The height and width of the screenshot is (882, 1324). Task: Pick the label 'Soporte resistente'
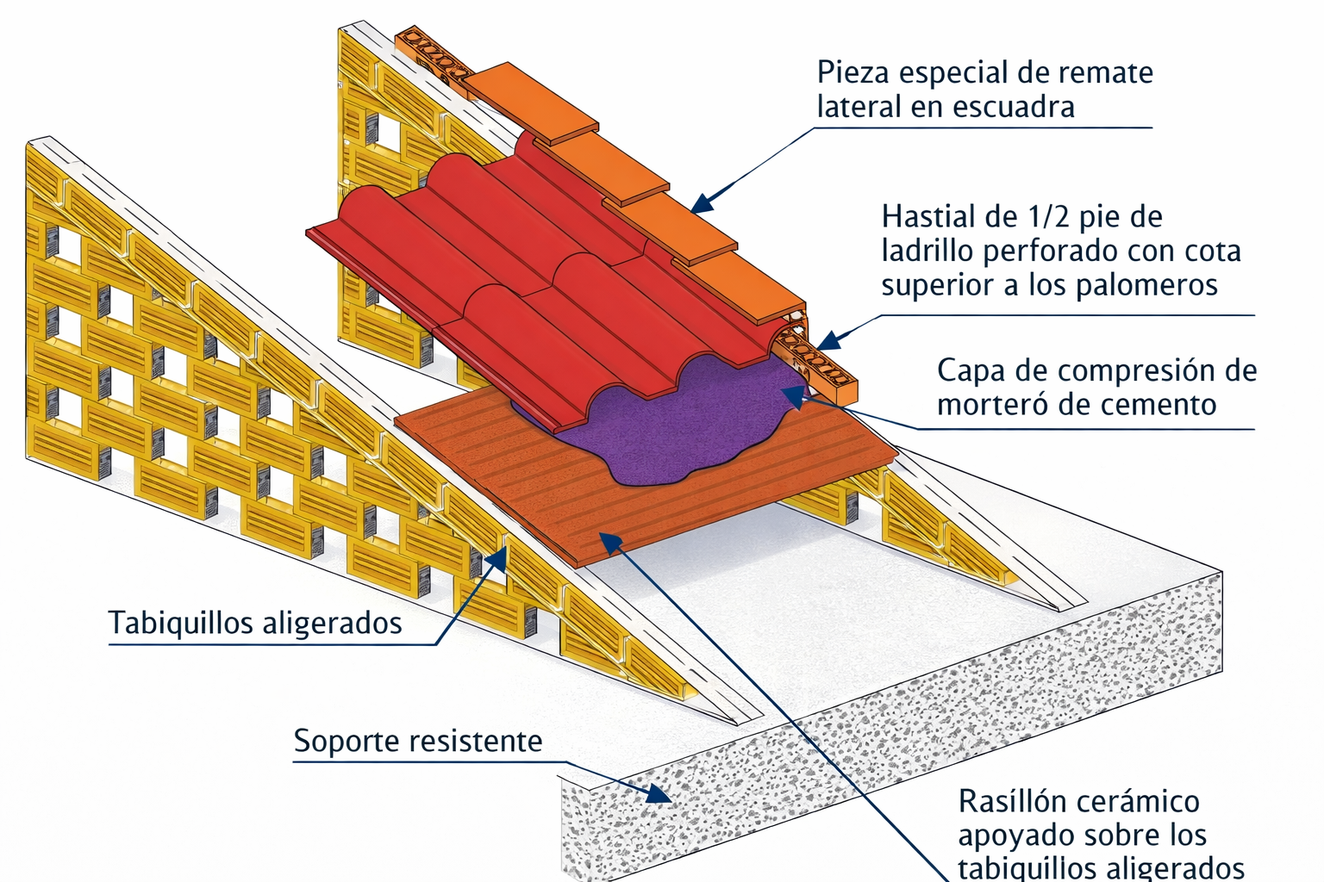point(418,742)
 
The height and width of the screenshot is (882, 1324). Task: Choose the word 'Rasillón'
point(1008,802)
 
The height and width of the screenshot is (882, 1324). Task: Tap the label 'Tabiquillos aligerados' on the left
point(255,623)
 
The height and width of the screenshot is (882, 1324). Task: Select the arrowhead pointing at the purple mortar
point(791,394)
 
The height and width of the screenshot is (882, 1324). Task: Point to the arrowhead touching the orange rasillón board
point(610,541)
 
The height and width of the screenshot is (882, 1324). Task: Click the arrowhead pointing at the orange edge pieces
point(702,204)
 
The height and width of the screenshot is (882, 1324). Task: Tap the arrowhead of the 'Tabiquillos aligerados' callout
point(496,558)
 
